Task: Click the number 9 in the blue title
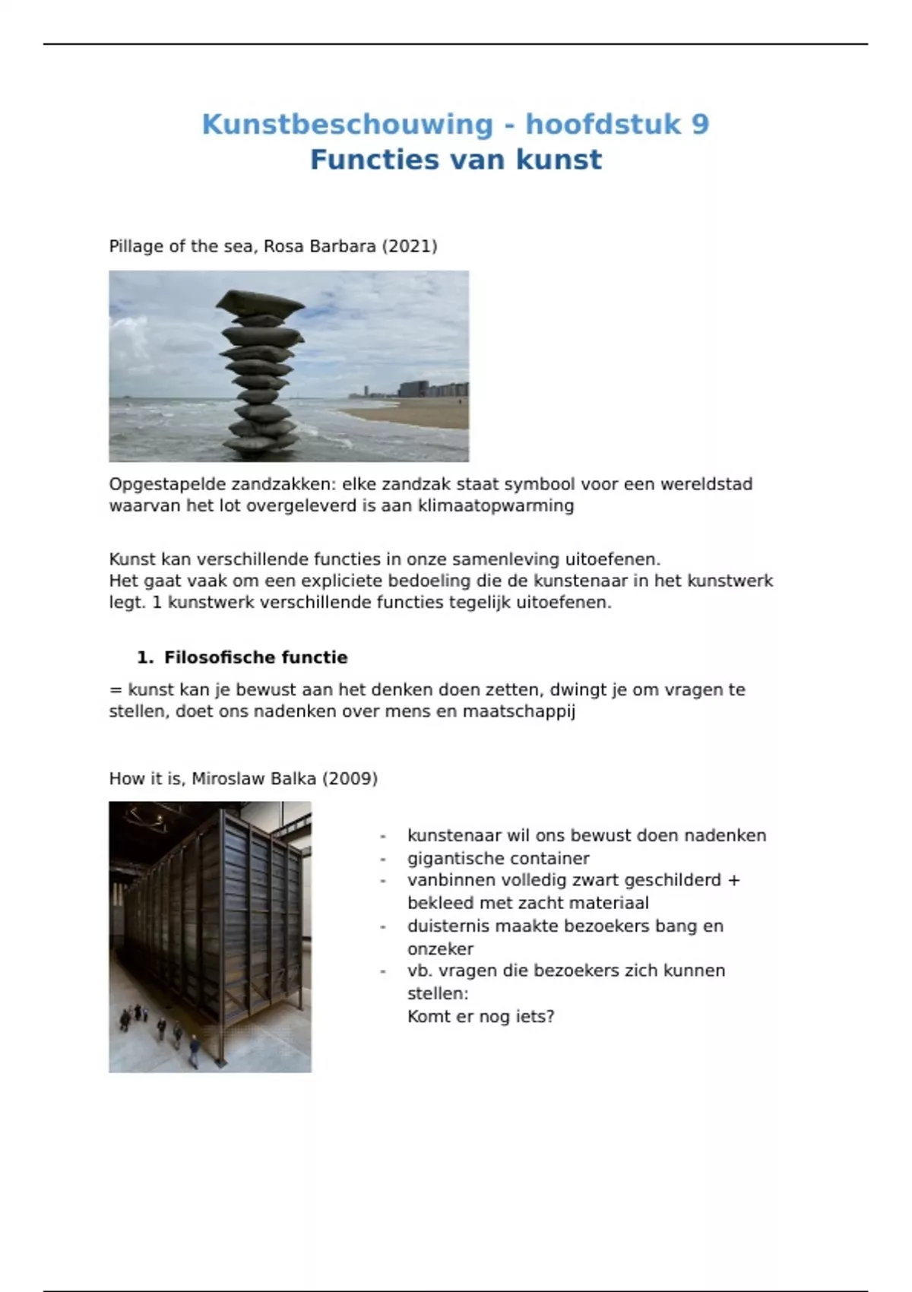[x=700, y=124]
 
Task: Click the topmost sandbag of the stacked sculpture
[x=260, y=302]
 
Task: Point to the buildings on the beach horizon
[x=426, y=390]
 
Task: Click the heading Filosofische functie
[x=255, y=657]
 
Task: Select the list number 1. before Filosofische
[x=145, y=657]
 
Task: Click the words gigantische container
[x=498, y=858]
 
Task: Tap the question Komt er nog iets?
[x=480, y=1016]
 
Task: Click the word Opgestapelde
[x=167, y=484]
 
